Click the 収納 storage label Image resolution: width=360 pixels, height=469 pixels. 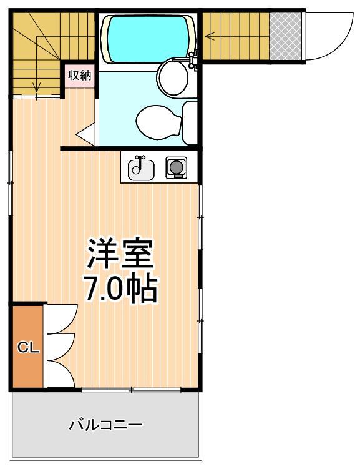(x=80, y=76)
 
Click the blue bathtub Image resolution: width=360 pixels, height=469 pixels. (x=147, y=38)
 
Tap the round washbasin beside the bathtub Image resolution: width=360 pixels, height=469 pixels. (x=173, y=77)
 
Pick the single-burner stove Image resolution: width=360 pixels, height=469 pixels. (x=175, y=167)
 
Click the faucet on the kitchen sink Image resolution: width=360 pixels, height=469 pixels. (x=141, y=160)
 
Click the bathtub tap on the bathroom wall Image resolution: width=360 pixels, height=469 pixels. (x=192, y=59)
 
